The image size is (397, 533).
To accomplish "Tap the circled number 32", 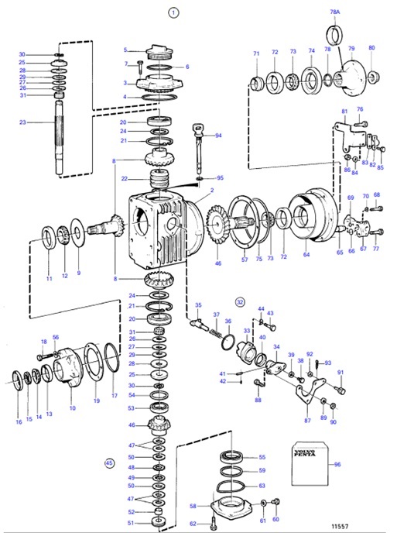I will click(x=240, y=301).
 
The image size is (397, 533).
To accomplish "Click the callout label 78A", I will click(x=335, y=13).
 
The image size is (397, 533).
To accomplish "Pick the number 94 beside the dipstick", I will click(x=218, y=135).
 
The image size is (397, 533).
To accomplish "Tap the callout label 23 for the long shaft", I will click(x=22, y=122).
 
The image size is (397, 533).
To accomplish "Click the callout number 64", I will click(x=306, y=253).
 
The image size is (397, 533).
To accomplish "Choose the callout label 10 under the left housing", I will click(x=72, y=407).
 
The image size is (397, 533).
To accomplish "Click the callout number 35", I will click(x=198, y=305).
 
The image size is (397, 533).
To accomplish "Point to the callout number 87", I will click(x=307, y=420).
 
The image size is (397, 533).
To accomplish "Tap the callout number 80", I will click(x=371, y=48).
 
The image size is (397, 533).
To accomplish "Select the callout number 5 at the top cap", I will click(x=125, y=50).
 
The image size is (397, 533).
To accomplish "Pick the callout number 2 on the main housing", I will click(x=211, y=190).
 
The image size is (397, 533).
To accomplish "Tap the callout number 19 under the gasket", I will click(x=97, y=401).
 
